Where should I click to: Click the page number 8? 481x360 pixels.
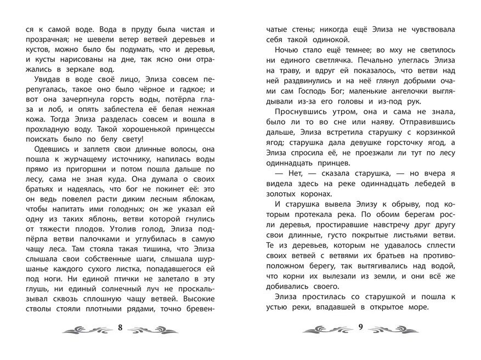(x=119, y=328)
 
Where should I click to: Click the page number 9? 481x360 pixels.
(x=360, y=328)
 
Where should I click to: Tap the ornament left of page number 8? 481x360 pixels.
(x=86, y=329)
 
